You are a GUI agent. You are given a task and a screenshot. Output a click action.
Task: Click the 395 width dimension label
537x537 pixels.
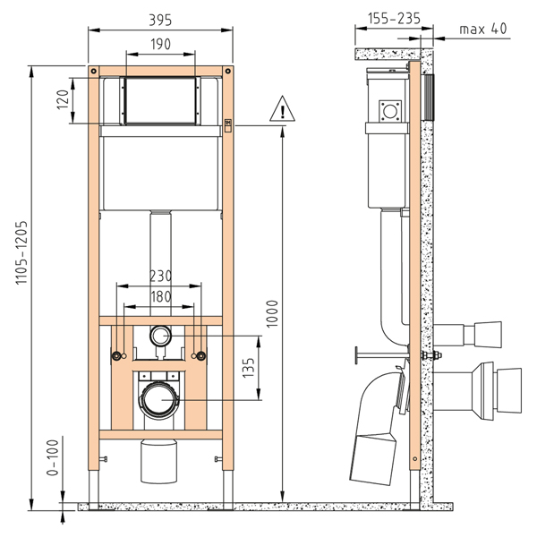click(160, 20)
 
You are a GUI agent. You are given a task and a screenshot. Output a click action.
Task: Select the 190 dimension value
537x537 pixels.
click(160, 44)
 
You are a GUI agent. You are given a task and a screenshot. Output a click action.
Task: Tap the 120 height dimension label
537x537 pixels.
click(63, 99)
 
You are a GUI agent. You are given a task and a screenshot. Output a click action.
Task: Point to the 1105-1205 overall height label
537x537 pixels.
click(21, 252)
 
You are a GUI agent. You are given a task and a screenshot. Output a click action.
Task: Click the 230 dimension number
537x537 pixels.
click(160, 276)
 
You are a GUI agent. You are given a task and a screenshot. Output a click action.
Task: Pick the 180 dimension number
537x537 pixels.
click(160, 296)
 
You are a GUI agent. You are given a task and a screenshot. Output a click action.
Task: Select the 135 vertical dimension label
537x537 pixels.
click(249, 368)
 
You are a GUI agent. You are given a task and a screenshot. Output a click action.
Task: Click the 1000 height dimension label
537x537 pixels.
click(272, 314)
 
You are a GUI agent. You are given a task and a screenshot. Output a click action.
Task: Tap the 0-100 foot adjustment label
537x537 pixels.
click(53, 457)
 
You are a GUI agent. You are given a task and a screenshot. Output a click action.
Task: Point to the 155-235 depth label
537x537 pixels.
click(394, 18)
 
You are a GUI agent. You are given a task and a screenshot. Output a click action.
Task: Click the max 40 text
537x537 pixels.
click(483, 30)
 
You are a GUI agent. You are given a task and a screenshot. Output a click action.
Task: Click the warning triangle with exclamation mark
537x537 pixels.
click(282, 109)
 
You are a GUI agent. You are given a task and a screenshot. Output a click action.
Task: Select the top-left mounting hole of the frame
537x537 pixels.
click(93, 72)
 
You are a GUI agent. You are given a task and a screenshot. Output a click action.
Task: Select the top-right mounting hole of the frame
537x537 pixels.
click(228, 72)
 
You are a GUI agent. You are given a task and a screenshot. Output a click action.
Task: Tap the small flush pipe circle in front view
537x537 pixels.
click(160, 336)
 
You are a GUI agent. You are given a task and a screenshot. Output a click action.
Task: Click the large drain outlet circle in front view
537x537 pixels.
click(160, 400)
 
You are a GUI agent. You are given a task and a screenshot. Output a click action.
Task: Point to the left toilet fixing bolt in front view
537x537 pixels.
click(116, 356)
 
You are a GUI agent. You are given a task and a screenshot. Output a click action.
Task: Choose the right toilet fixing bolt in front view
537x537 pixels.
click(201, 356)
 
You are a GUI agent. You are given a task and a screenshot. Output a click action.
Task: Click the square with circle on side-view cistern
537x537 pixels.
click(389, 111)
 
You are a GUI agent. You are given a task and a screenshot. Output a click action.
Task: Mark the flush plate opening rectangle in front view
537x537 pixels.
click(160, 100)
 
